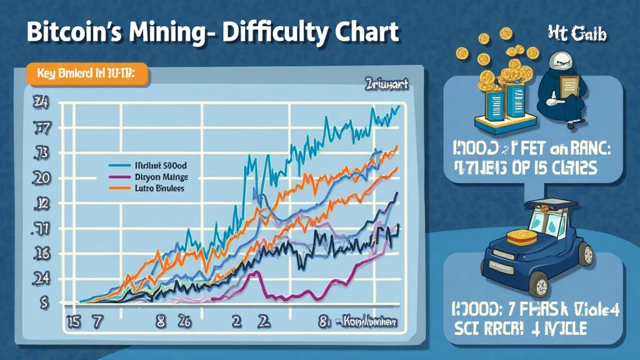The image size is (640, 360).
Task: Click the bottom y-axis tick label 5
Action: [44, 302]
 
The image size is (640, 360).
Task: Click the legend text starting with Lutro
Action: [160, 187]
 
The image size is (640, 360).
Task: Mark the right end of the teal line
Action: [398, 107]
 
